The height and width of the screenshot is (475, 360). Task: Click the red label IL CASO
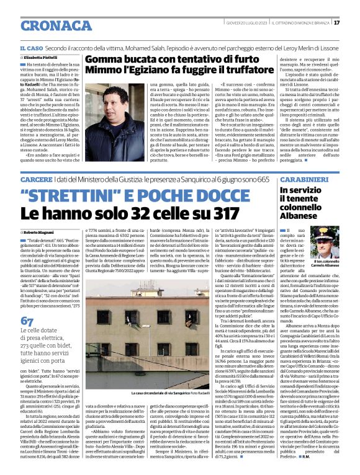click(x=30, y=48)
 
